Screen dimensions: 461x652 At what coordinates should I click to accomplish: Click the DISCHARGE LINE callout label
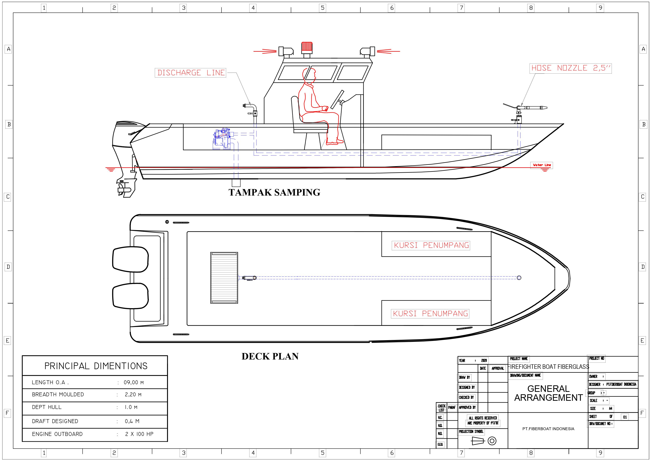[190, 73]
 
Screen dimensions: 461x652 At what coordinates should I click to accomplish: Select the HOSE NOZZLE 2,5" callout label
[570, 68]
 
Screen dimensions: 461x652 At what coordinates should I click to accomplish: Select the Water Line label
[541, 165]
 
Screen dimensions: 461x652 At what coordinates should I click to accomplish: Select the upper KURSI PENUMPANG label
[431, 245]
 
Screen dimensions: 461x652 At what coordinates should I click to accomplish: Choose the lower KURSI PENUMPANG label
[430, 314]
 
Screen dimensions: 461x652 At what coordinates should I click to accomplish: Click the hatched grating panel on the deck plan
[224, 278]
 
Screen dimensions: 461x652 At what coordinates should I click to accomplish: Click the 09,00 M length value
[133, 383]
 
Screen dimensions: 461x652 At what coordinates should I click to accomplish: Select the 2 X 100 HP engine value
[139, 434]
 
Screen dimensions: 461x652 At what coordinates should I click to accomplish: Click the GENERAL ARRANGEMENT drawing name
[548, 393]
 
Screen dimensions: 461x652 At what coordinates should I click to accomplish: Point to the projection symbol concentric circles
[492, 441]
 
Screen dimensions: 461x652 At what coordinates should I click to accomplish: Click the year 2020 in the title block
[484, 360]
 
